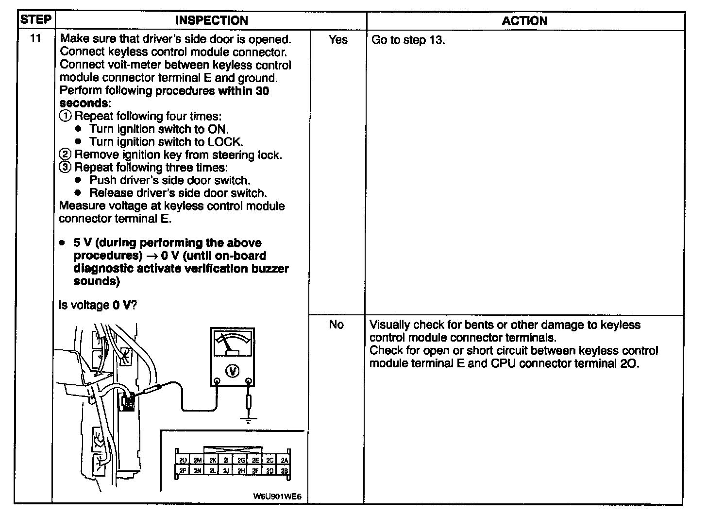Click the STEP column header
[36, 20]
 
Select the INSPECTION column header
[211, 20]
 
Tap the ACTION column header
[524, 20]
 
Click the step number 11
[35, 39]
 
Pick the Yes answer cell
[337, 40]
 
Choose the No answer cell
[337, 325]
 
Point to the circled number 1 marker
[65, 116]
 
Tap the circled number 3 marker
[65, 168]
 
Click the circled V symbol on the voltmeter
[233, 371]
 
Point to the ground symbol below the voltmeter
[249, 419]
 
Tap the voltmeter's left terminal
[217, 381]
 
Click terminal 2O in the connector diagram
[183, 460]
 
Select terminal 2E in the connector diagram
[255, 460]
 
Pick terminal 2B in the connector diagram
[284, 470]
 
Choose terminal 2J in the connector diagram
[226, 470]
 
